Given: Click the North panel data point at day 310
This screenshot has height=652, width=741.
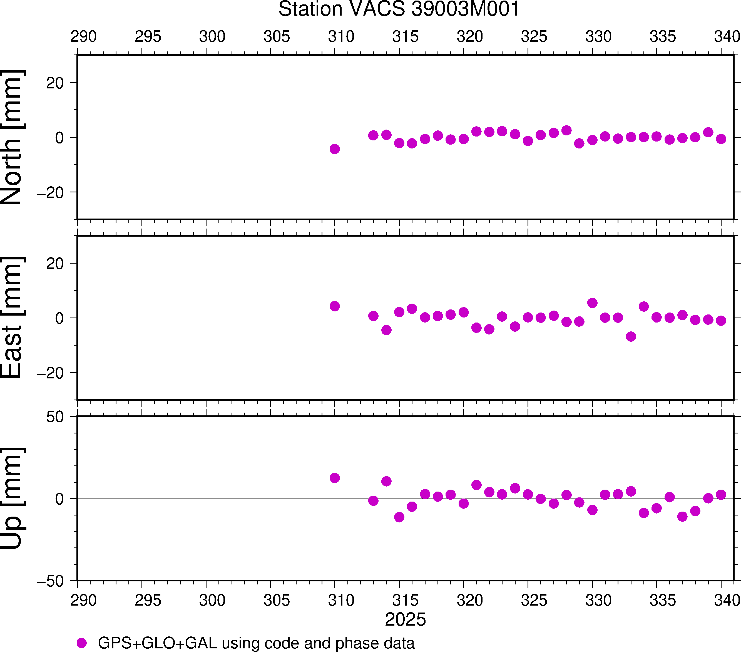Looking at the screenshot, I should (x=335, y=149).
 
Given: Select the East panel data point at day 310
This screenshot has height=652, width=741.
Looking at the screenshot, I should (x=335, y=306).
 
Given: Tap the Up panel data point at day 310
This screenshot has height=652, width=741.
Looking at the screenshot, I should (x=335, y=478).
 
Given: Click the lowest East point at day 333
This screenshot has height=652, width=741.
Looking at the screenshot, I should (x=631, y=336).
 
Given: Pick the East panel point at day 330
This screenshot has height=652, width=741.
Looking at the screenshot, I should (x=592, y=303).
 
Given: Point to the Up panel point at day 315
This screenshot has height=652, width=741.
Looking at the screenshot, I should (x=399, y=517).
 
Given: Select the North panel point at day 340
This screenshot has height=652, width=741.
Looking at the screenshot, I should (x=721, y=139).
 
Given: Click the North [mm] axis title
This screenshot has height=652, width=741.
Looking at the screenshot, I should (x=12, y=137).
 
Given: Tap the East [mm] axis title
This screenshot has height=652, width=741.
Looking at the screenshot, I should (x=12, y=318).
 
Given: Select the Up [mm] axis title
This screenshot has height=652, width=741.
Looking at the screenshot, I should (x=12, y=499).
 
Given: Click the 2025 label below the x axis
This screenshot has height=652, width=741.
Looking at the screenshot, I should (x=405, y=619).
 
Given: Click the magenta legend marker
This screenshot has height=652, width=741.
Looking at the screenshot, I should (x=82, y=643).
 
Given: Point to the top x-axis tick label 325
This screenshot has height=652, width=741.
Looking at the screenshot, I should (x=534, y=37).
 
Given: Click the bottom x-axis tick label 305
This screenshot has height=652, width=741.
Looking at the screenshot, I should (x=277, y=600).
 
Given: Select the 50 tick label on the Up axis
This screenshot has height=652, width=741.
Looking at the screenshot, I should (x=55, y=417).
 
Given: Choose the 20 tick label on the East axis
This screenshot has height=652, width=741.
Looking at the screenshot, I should (x=55, y=264).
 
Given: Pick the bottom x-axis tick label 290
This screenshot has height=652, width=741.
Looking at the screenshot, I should (x=83, y=600).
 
